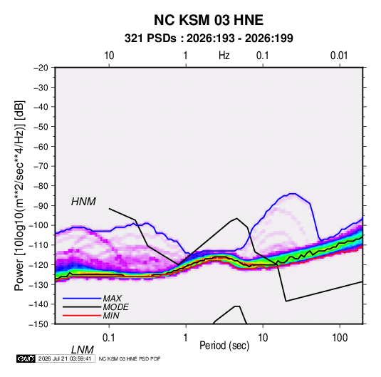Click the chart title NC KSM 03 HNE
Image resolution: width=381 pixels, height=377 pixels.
coord(209,20)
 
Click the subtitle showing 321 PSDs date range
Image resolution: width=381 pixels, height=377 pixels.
coord(209,38)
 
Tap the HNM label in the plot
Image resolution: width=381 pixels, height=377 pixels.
coord(83,202)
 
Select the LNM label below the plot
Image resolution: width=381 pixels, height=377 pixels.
coord(82,350)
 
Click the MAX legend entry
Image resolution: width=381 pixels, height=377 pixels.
coord(112,298)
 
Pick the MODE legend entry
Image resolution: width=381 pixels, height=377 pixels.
coord(115,307)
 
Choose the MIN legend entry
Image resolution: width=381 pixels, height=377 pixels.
coord(111,316)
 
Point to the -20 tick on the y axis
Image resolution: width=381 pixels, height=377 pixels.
coord(41,68)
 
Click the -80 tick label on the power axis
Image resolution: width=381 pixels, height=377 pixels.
coord(41,186)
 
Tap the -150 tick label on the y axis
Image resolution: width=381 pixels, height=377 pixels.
coord(38,324)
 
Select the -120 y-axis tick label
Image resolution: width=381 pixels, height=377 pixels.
coord(38,264)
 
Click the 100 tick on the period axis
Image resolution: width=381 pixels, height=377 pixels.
coord(340,338)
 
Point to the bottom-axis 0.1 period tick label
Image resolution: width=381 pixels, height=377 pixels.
coord(108,338)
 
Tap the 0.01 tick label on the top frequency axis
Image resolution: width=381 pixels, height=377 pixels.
coord(339,56)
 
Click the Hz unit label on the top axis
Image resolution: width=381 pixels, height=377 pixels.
coord(224,56)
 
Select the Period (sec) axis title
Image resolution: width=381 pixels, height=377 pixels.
coord(224,346)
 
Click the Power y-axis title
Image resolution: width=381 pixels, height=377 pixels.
coord(19,195)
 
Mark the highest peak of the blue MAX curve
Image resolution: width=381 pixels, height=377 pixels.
coord(292,194)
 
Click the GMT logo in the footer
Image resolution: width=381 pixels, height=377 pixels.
coord(26,358)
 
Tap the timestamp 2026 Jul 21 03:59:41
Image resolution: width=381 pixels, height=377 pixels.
coord(65,358)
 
